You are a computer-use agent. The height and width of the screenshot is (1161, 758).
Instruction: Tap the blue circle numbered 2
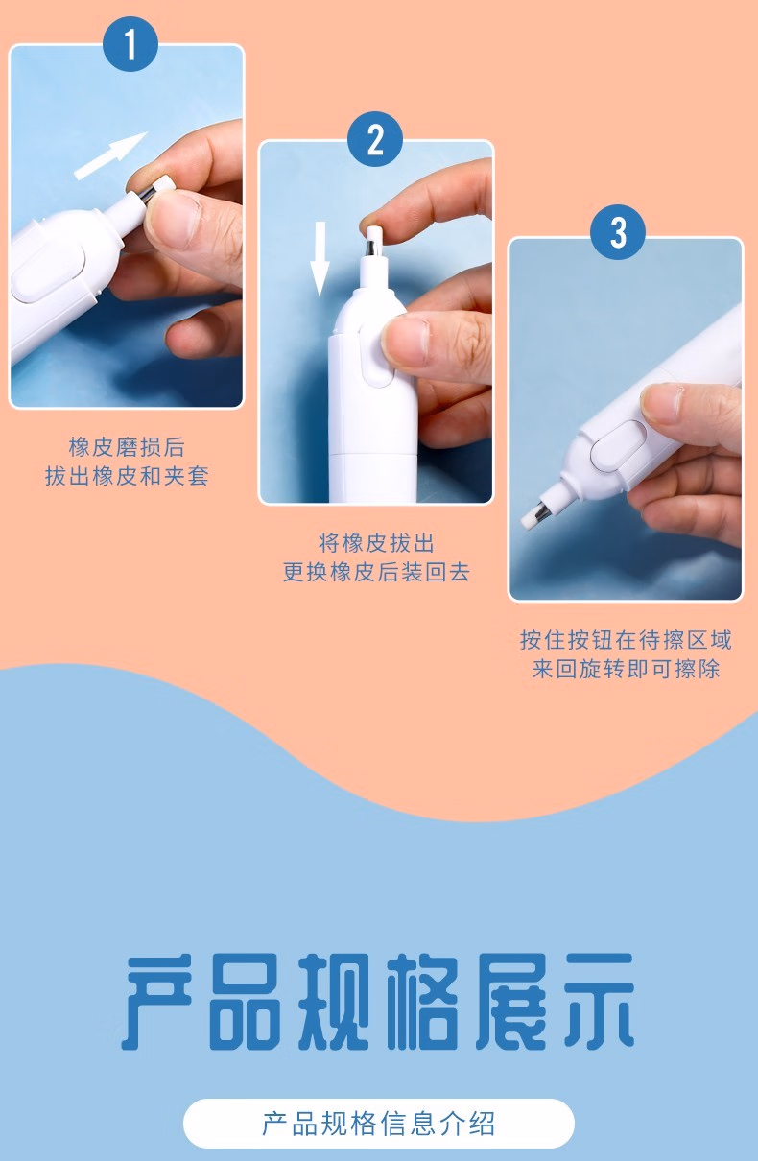pyautogui.click(x=375, y=139)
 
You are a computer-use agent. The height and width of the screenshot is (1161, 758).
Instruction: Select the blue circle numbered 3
pyautogui.click(x=618, y=231)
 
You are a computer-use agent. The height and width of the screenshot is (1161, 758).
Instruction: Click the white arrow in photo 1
pyautogui.click(x=110, y=156)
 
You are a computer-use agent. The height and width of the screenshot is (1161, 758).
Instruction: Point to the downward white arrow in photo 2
pyautogui.click(x=320, y=258)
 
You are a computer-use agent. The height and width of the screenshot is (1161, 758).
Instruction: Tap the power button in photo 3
pyautogui.click(x=619, y=443)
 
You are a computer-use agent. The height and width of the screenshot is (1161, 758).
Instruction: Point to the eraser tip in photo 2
pyautogui.click(x=374, y=231)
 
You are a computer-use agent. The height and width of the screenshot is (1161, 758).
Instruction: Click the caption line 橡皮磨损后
pyautogui.click(x=127, y=447)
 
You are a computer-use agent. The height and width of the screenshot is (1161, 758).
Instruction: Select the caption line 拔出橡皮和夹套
pyautogui.click(x=127, y=476)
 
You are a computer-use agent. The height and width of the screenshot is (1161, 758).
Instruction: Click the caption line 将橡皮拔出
pyautogui.click(x=376, y=543)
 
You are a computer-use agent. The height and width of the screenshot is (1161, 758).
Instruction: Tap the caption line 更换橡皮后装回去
pyautogui.click(x=376, y=572)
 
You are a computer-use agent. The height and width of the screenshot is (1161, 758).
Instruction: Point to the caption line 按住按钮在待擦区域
pyautogui.click(x=626, y=640)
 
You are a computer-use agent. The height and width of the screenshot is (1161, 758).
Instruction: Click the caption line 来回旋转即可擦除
pyautogui.click(x=626, y=669)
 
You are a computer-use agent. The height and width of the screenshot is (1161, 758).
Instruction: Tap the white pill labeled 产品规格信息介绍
pyautogui.click(x=378, y=1123)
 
